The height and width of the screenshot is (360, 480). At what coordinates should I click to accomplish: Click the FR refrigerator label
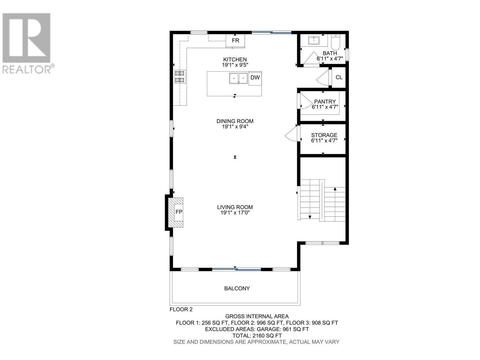point(235,40)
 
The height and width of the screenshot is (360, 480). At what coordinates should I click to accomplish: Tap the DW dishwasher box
point(255,78)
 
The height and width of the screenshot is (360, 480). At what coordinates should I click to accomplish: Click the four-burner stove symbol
point(180,76)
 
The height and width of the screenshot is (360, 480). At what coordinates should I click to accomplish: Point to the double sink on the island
point(238,78)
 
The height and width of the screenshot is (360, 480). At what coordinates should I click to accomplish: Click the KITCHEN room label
point(235,59)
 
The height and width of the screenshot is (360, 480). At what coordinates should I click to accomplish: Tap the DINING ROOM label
point(235,121)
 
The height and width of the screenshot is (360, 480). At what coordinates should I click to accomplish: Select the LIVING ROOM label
point(235,207)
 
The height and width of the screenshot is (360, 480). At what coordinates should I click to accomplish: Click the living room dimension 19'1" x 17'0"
point(235,213)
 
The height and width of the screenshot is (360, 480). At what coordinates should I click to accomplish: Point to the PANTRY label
point(325,102)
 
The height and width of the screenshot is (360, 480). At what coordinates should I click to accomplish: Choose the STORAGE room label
point(324,135)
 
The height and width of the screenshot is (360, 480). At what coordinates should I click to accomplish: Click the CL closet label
point(339,77)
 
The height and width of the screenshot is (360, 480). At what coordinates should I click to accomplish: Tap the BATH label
point(330,53)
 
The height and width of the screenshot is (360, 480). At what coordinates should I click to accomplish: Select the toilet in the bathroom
point(335,42)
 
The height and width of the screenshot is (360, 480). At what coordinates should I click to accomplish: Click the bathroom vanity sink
point(314,40)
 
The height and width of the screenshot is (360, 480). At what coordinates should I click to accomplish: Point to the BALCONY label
point(237,288)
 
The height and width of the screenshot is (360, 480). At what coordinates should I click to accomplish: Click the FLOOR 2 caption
point(181,309)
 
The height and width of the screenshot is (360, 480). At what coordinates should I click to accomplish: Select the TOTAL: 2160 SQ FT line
point(257,335)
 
